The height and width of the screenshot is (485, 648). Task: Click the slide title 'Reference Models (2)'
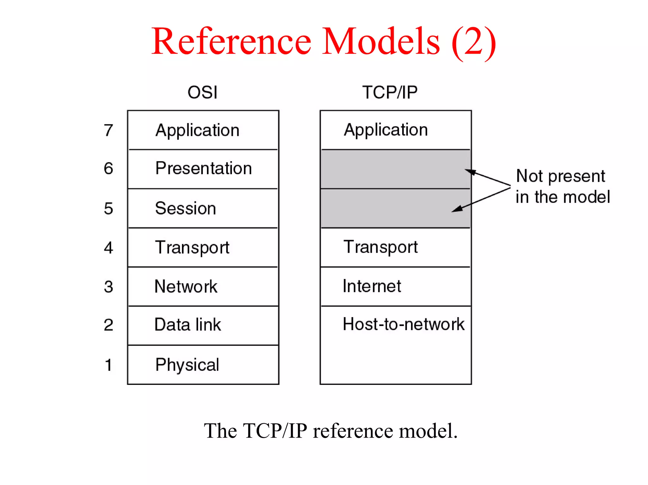(323, 41)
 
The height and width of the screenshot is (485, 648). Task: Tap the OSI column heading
(202, 92)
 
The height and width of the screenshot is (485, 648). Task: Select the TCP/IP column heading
(390, 92)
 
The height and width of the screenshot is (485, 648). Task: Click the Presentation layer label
(203, 168)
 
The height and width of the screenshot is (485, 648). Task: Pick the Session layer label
(185, 208)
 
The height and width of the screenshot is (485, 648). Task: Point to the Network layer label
(186, 286)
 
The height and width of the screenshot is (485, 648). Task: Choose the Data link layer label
(188, 324)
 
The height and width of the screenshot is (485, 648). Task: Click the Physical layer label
(187, 364)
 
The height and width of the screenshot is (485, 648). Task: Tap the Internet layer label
(372, 286)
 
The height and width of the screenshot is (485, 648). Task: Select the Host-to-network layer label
(403, 324)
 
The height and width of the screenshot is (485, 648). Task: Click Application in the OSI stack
(197, 130)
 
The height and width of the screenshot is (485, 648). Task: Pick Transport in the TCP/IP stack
(381, 247)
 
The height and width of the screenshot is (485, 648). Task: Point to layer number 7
(108, 130)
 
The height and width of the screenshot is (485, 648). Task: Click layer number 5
(108, 208)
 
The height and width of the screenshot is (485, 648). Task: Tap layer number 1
(108, 365)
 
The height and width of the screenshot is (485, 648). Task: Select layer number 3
(108, 287)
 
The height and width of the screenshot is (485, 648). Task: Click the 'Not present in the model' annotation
(563, 186)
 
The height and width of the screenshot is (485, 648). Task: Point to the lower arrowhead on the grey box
(456, 209)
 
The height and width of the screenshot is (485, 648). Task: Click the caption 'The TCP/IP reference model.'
(331, 431)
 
